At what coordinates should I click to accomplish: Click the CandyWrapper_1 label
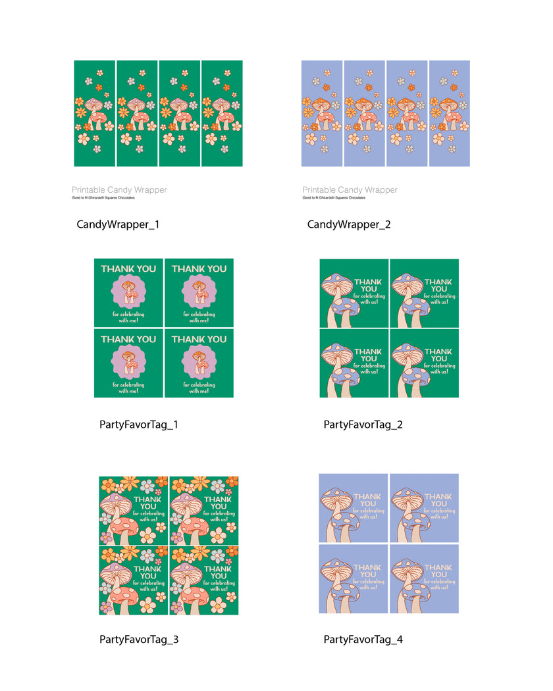118,224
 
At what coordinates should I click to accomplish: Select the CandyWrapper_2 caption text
349,224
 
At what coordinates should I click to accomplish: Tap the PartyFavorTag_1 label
139,424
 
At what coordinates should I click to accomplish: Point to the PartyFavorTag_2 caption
363,424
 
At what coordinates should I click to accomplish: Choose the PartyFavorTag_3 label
139,639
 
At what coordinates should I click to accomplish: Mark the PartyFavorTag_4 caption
363,639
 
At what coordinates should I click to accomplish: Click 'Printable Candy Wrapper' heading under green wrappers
119,190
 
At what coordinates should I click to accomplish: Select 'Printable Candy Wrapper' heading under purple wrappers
350,190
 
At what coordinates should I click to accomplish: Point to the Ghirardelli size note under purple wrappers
334,197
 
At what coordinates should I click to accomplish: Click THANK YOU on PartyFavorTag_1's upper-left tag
128,269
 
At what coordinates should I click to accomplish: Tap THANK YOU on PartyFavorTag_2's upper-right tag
438,285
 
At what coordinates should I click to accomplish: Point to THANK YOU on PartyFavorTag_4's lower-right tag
438,571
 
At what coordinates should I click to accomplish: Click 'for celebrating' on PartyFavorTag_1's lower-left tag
128,385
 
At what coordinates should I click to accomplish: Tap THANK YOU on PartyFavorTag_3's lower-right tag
218,571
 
